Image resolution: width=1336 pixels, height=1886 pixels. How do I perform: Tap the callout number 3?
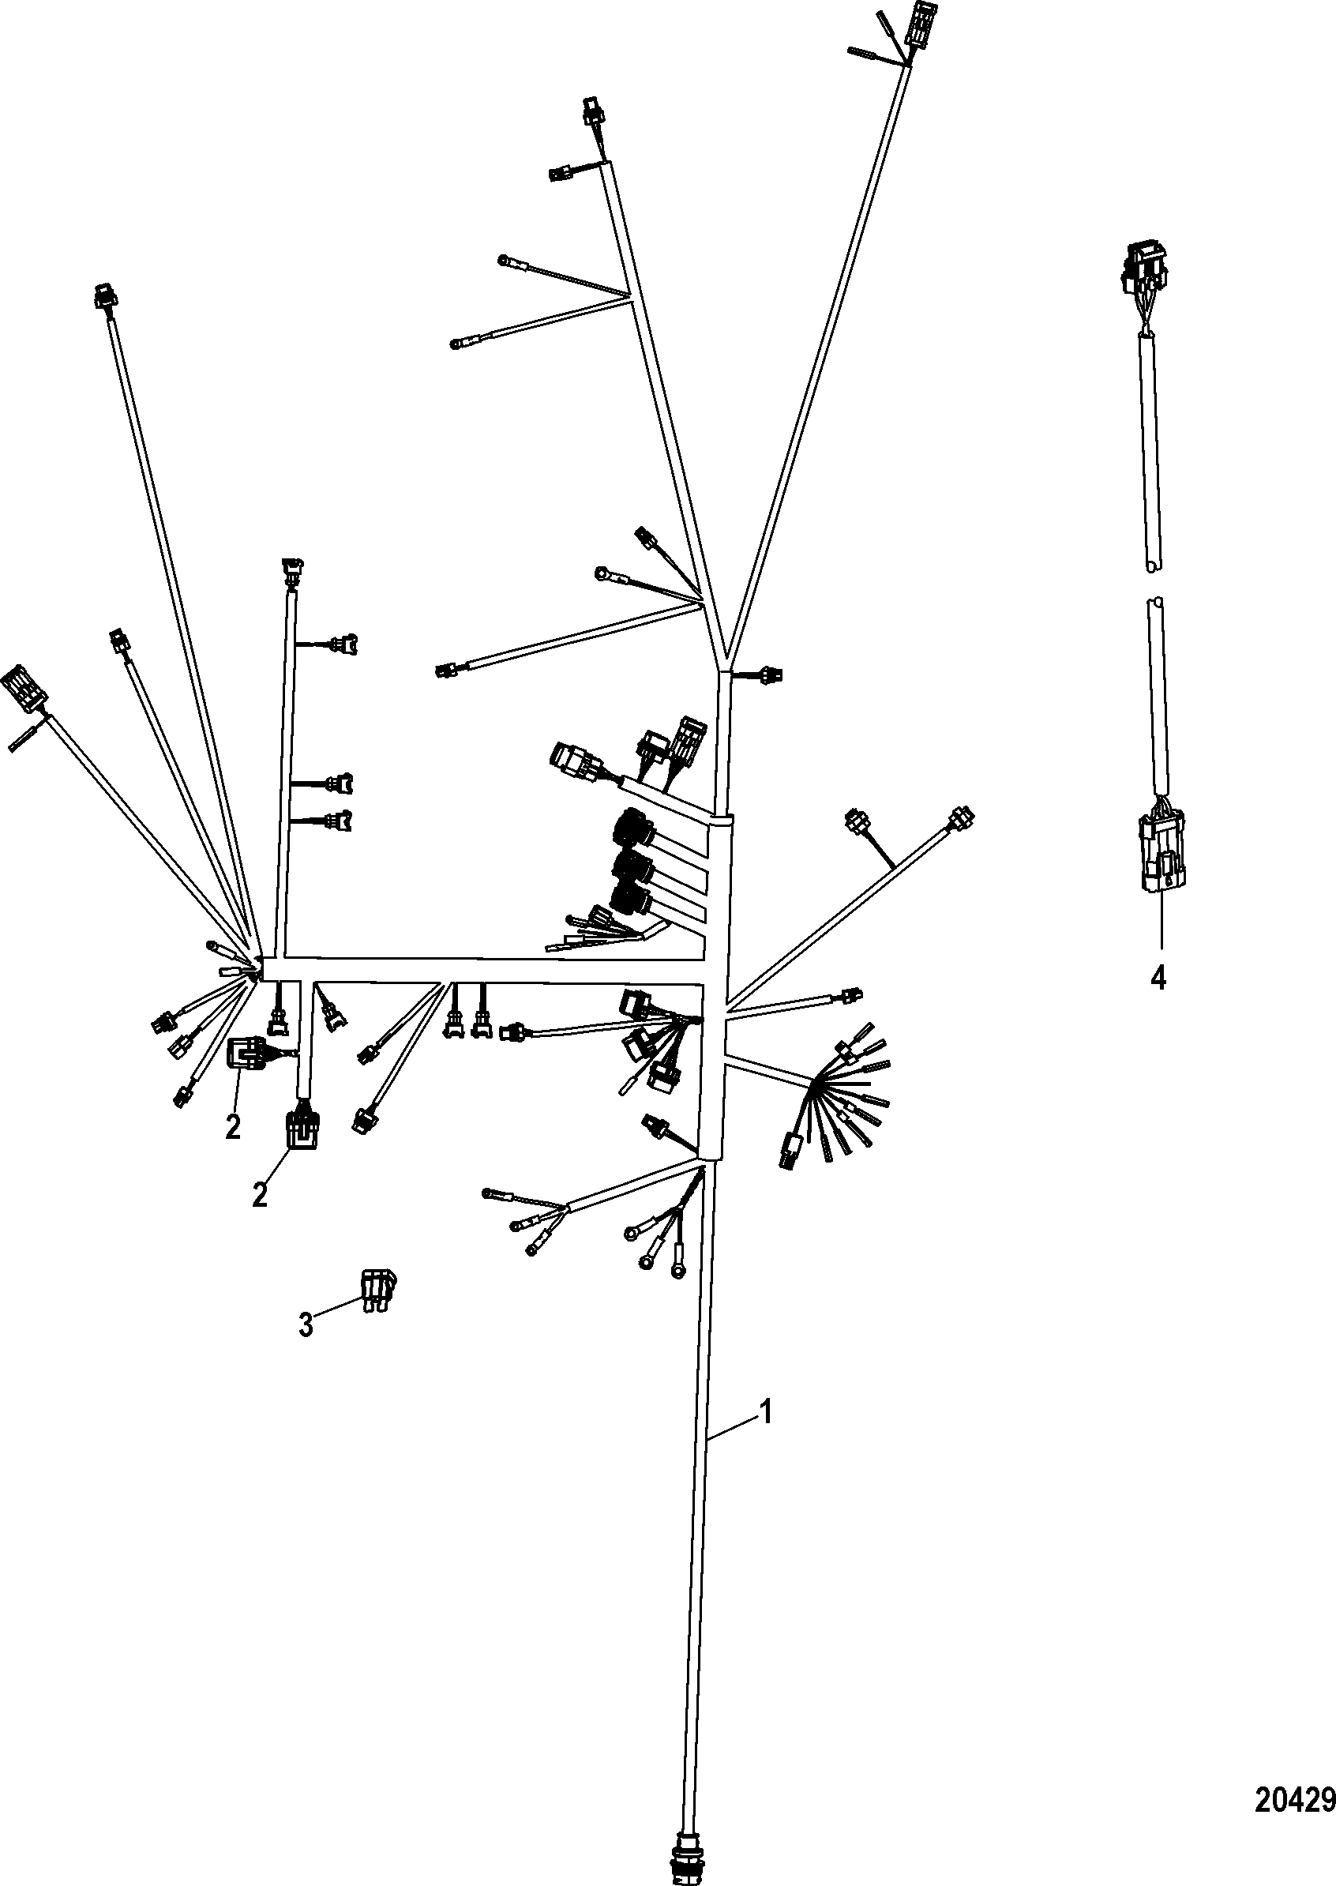point(306,1325)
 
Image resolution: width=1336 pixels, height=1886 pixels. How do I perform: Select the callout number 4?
point(1158,978)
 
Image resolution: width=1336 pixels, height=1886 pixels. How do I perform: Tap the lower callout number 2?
point(259,1194)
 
